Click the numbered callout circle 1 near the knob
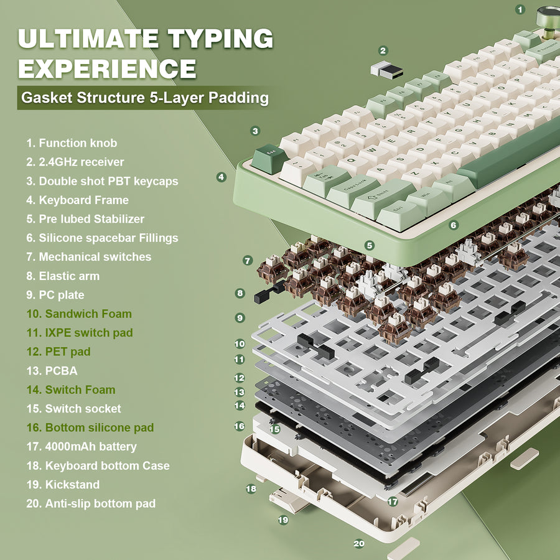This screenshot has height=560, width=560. coord(521,9)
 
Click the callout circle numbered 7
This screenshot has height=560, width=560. coord(248,261)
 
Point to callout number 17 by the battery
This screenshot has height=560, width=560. coord(393,501)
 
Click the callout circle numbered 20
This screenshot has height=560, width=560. coord(359,543)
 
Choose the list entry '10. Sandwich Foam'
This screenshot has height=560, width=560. coord(79,314)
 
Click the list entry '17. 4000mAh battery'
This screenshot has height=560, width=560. coord(82,446)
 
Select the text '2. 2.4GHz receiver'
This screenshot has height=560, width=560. coord(75,162)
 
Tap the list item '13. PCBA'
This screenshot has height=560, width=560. coord(52,371)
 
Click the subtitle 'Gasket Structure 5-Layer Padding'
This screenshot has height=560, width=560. coord(144,98)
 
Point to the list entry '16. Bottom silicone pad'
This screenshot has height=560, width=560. coord(90,427)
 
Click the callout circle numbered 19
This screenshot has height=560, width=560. coord(283,520)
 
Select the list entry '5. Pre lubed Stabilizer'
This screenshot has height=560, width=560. coord(85,219)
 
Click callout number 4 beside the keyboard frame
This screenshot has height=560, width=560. coord(222,177)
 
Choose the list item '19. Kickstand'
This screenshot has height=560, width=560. coord(63,484)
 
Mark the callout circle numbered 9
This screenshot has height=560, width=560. coord(240,317)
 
